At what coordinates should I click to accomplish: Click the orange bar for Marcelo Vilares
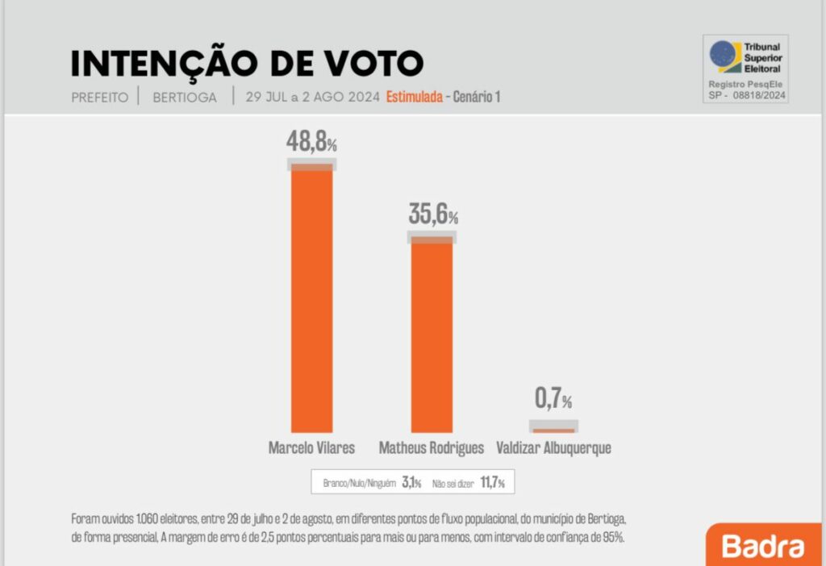tap(311, 298)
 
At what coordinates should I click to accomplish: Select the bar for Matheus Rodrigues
tap(432, 335)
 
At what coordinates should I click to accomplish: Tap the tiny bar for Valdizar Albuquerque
tap(553, 430)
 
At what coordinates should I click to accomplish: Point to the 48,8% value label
tap(311, 142)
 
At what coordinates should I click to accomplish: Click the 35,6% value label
tap(432, 214)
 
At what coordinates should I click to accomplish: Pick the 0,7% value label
tap(553, 398)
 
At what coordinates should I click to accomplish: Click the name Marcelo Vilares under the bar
tap(311, 448)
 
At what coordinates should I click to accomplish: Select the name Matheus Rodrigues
tap(432, 448)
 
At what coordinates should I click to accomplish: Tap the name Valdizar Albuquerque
tap(553, 448)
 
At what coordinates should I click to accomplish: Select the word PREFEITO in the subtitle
tap(99, 98)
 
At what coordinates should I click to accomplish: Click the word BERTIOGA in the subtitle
tap(185, 98)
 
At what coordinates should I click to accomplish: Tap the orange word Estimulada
tap(414, 98)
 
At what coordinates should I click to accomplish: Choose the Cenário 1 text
tap(477, 98)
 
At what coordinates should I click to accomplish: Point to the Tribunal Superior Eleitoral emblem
tap(724, 56)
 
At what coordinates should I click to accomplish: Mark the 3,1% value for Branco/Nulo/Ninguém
tap(411, 483)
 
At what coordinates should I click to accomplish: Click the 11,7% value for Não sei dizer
tap(490, 483)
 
